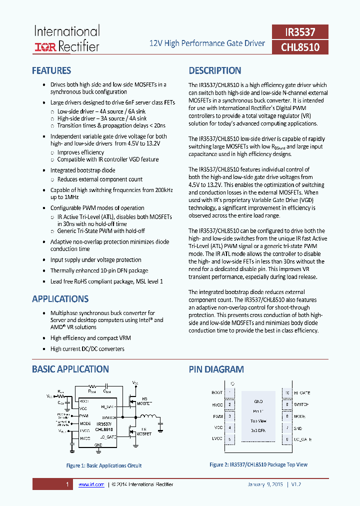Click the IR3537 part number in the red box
[300, 32]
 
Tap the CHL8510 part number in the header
[300, 47]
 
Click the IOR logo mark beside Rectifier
[45, 47]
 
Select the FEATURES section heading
[51, 70]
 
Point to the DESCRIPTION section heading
[215, 70]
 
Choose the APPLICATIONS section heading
[60, 299]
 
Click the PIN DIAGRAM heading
[216, 369]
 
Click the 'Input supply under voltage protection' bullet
[95, 260]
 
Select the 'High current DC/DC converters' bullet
[87, 349]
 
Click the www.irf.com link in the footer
[91, 484]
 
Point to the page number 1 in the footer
[67, 484]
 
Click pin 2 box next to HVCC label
[229, 404]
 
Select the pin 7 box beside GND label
[287, 428]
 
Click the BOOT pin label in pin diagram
[217, 393]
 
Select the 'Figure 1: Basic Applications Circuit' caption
[104, 465]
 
